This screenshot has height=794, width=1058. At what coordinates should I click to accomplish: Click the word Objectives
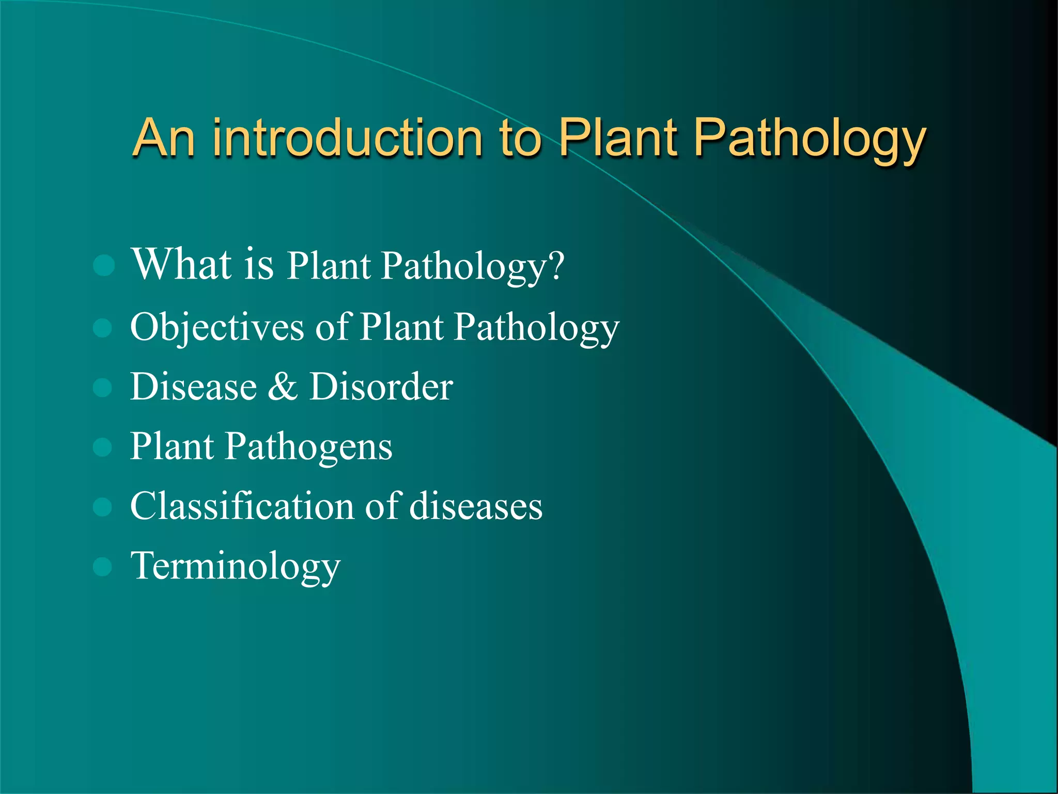point(217,328)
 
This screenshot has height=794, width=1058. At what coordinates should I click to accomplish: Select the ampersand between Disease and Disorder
point(283,387)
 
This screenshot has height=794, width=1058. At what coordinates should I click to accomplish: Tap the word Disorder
point(381,387)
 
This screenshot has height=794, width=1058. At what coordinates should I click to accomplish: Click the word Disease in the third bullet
point(193,387)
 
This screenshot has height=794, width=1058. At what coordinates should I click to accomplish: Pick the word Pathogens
point(308,447)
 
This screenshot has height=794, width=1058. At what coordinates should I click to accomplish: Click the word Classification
point(242,506)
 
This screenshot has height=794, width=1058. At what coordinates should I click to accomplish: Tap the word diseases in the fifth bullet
point(476,506)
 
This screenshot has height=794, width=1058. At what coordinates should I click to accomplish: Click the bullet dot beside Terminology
point(103,567)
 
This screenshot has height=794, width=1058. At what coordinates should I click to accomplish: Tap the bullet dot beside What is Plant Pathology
point(104,266)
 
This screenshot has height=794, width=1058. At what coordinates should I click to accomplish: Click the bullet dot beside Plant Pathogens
point(103,447)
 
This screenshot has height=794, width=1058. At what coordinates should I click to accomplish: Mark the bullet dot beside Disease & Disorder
point(103,387)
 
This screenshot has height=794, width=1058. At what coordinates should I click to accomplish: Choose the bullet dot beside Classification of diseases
point(103,507)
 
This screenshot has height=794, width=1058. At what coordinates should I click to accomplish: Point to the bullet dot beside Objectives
point(103,328)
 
